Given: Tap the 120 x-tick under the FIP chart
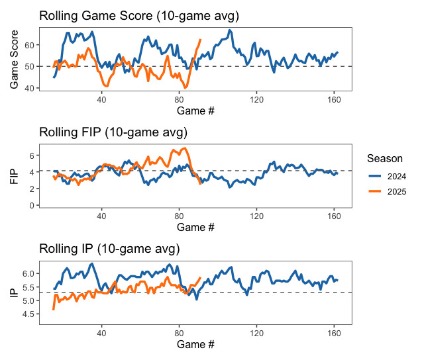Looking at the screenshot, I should point(256,216).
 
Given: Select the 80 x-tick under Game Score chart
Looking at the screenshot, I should point(179,100).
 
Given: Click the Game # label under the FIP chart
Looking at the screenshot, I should point(196,228).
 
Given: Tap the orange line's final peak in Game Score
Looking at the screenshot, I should point(200,40).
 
